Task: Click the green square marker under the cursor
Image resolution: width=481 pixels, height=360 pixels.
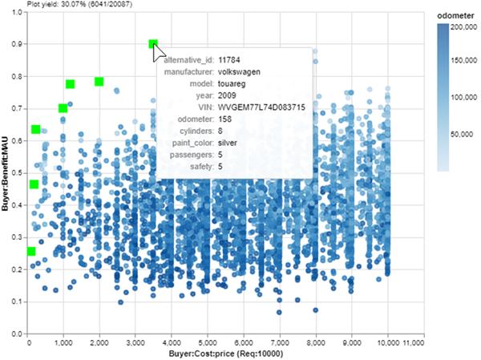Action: tap(153, 45)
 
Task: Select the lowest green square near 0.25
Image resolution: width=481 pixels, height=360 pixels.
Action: tap(31, 252)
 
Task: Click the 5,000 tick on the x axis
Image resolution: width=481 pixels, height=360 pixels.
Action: tap(208, 342)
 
